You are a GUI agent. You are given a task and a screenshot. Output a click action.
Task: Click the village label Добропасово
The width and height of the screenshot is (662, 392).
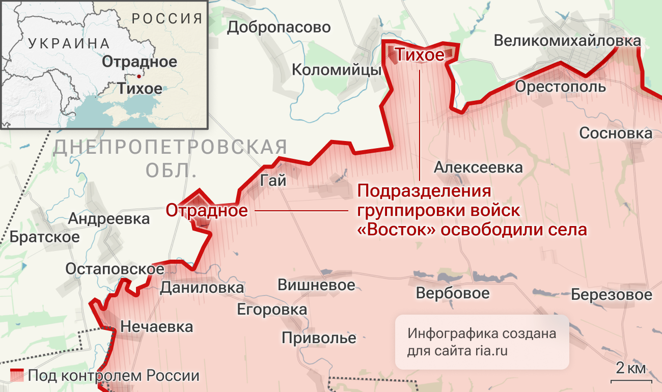[279, 27]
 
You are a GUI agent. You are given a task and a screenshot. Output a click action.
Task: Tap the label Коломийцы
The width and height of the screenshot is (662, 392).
[337, 69]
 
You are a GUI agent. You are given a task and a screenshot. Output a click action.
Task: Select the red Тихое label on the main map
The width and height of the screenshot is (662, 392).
[420, 54]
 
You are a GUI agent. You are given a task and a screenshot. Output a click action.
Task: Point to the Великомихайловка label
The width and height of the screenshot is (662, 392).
[567, 41]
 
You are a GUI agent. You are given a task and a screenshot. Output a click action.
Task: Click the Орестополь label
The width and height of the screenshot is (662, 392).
[560, 87]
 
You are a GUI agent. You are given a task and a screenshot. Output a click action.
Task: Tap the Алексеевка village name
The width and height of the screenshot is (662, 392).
[478, 167]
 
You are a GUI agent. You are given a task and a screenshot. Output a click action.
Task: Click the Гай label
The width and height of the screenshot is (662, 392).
[273, 181]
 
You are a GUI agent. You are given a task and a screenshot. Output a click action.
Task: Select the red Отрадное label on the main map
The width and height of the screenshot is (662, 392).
[207, 210]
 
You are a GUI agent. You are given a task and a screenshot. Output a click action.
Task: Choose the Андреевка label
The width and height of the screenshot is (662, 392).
[109, 219]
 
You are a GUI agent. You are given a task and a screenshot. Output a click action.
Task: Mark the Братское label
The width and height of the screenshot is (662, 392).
[45, 237]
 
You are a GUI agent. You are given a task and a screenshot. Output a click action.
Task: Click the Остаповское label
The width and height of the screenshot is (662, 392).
[115, 269]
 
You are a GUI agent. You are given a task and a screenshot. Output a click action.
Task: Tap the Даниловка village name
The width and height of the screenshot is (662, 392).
[202, 288]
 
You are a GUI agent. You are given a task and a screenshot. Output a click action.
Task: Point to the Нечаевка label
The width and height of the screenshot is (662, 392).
[157, 326]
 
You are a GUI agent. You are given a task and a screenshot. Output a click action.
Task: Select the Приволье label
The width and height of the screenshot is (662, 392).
[319, 338]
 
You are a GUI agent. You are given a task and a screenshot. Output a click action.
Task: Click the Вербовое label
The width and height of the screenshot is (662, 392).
[453, 293]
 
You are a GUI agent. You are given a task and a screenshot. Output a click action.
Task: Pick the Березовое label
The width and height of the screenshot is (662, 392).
[611, 295]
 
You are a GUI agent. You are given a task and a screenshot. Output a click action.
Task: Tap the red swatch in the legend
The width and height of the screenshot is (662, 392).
[18, 375]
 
